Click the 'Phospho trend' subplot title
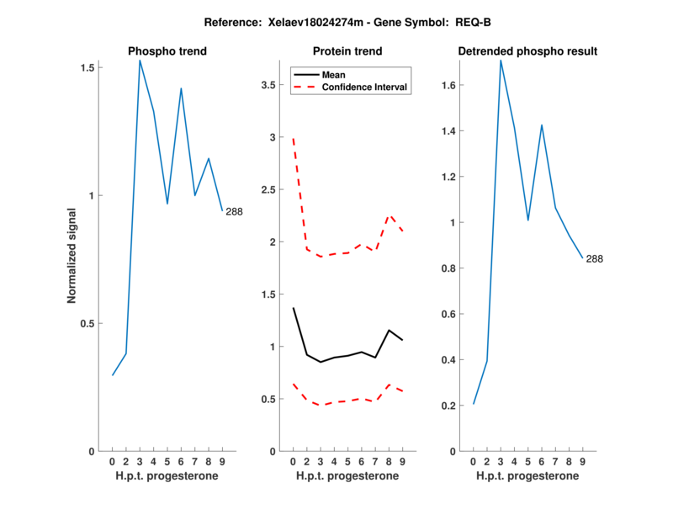[x=167, y=51]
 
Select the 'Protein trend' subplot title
[x=347, y=51]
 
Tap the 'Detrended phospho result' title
[x=527, y=51]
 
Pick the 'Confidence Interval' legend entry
[x=365, y=87]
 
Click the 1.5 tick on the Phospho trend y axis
[x=87, y=67]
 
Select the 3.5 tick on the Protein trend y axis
[x=268, y=85]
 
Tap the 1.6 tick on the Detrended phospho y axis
[x=449, y=85]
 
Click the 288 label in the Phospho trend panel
[x=234, y=211]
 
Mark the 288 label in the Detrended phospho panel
[x=594, y=258]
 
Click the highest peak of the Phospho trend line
[x=140, y=60]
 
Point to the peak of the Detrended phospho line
[x=501, y=60]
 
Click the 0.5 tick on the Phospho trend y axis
[x=87, y=323]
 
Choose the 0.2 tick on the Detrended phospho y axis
[x=449, y=406]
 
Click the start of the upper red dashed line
[x=293, y=139]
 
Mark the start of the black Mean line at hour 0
[x=293, y=308]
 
